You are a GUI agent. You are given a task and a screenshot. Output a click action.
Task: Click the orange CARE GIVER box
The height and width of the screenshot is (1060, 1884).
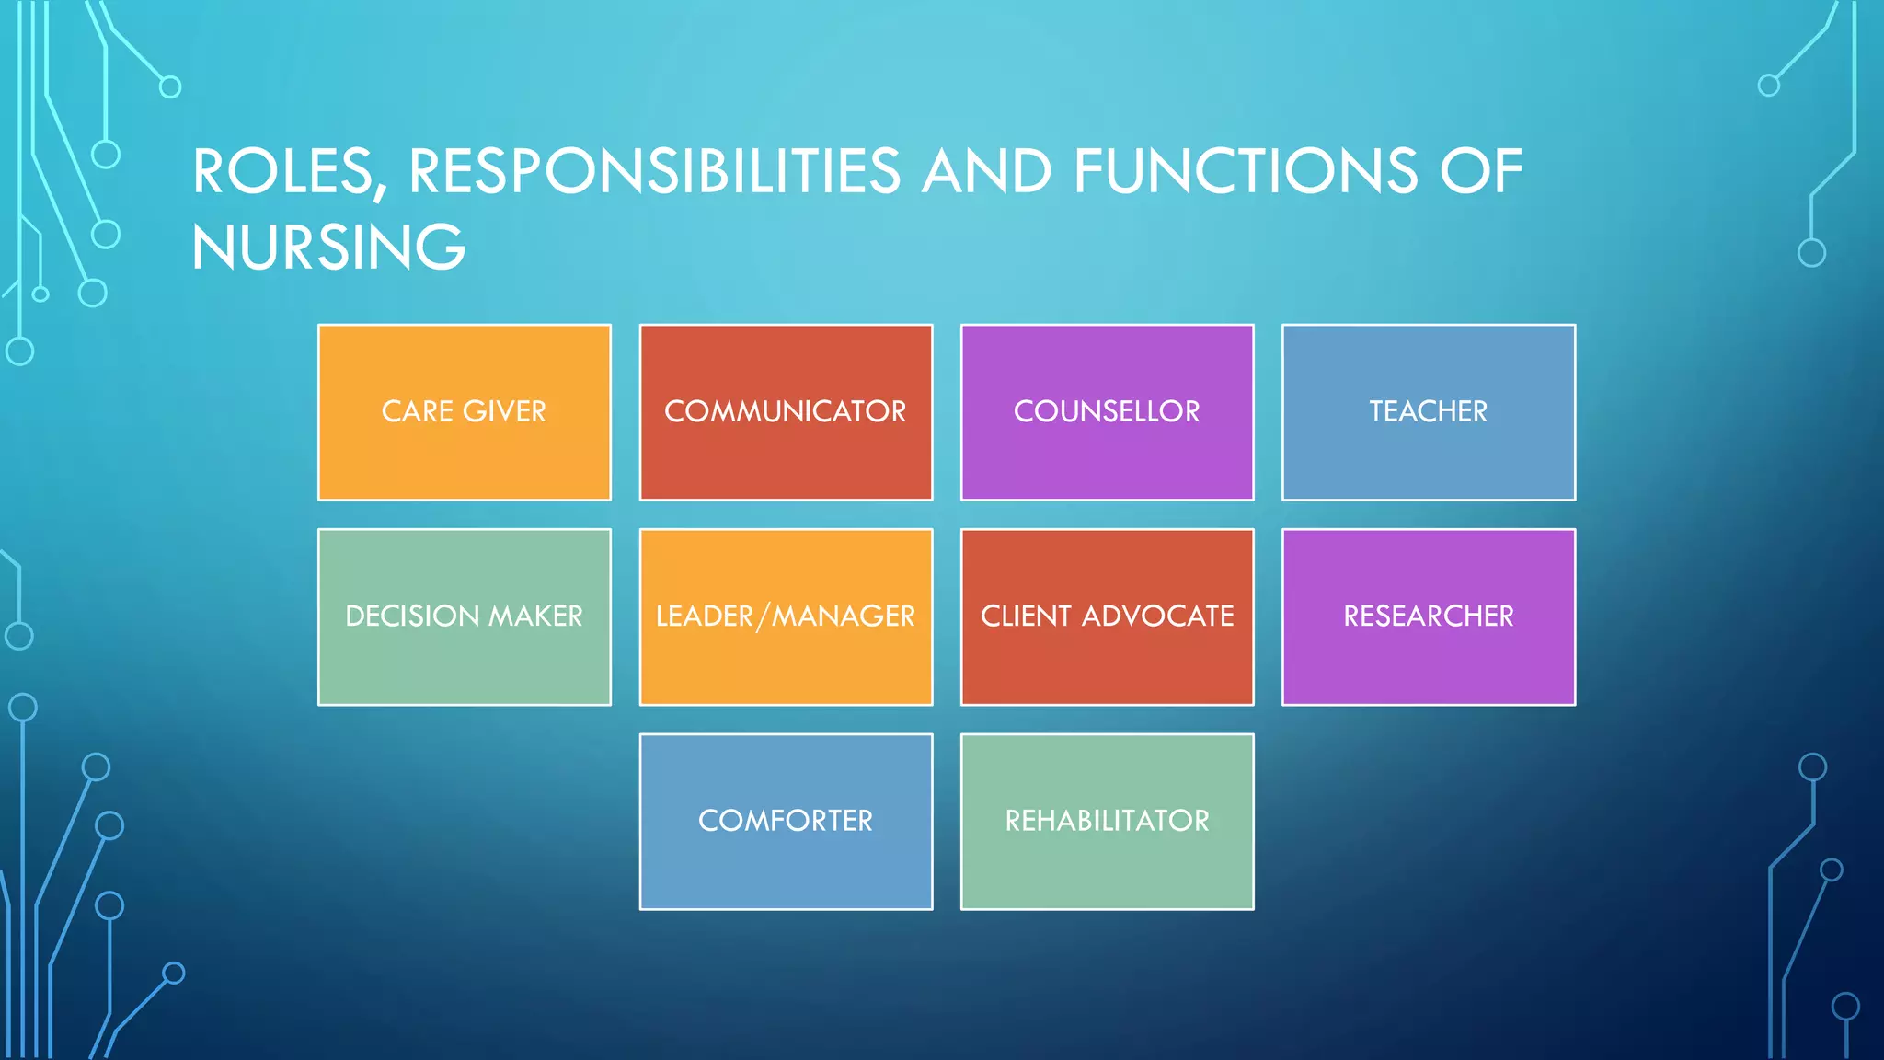coord(464,412)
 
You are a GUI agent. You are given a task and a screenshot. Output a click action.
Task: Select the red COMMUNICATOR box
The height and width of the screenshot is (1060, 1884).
coord(786,412)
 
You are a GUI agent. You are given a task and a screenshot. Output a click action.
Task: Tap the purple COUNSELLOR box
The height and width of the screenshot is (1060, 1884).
coord(1107,412)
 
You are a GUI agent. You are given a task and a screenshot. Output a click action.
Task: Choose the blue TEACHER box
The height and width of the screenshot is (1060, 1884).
coord(1428,412)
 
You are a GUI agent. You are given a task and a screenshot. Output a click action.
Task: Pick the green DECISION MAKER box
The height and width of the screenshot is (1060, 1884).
coord(464,616)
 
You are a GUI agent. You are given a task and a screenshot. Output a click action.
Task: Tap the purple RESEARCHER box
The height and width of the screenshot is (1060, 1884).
coord(1428,616)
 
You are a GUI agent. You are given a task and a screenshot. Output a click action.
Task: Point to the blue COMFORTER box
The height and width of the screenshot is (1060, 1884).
coord(786,821)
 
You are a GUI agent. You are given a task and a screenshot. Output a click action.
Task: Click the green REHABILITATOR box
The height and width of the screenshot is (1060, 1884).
coord(1107,821)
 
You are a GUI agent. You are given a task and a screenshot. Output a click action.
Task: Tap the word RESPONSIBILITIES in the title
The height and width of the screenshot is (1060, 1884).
coord(654,171)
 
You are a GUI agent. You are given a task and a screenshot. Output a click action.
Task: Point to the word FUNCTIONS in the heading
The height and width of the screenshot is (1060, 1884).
coord(1246,171)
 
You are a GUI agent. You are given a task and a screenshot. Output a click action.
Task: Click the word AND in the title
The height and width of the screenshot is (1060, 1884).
coord(986,171)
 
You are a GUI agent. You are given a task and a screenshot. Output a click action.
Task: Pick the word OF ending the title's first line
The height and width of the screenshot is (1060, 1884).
coord(1481,171)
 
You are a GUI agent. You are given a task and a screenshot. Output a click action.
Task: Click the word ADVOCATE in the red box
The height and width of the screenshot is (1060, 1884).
coord(1157,616)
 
